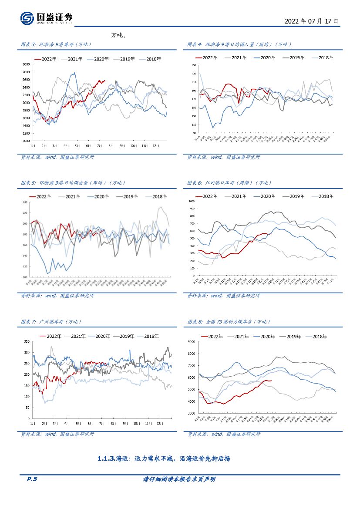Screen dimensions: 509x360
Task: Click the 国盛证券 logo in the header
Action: (x=47, y=18)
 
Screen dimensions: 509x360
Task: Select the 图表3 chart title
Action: (x=56, y=44)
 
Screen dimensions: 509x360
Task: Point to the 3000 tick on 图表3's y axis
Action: (x=26, y=64)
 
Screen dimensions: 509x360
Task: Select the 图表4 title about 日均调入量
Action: (x=239, y=44)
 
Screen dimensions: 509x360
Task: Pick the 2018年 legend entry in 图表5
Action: (x=156, y=197)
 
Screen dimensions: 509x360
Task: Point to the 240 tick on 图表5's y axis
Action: (x=25, y=202)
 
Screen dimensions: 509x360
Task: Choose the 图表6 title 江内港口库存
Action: (x=229, y=183)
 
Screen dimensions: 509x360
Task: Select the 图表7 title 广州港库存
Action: (x=51, y=322)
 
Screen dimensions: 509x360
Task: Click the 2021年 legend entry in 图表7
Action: (x=77, y=336)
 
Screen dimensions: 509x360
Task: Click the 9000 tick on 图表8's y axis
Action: (x=192, y=342)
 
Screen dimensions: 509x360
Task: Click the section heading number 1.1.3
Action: (x=106, y=458)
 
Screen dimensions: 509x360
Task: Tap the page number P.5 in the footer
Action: (x=32, y=479)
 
